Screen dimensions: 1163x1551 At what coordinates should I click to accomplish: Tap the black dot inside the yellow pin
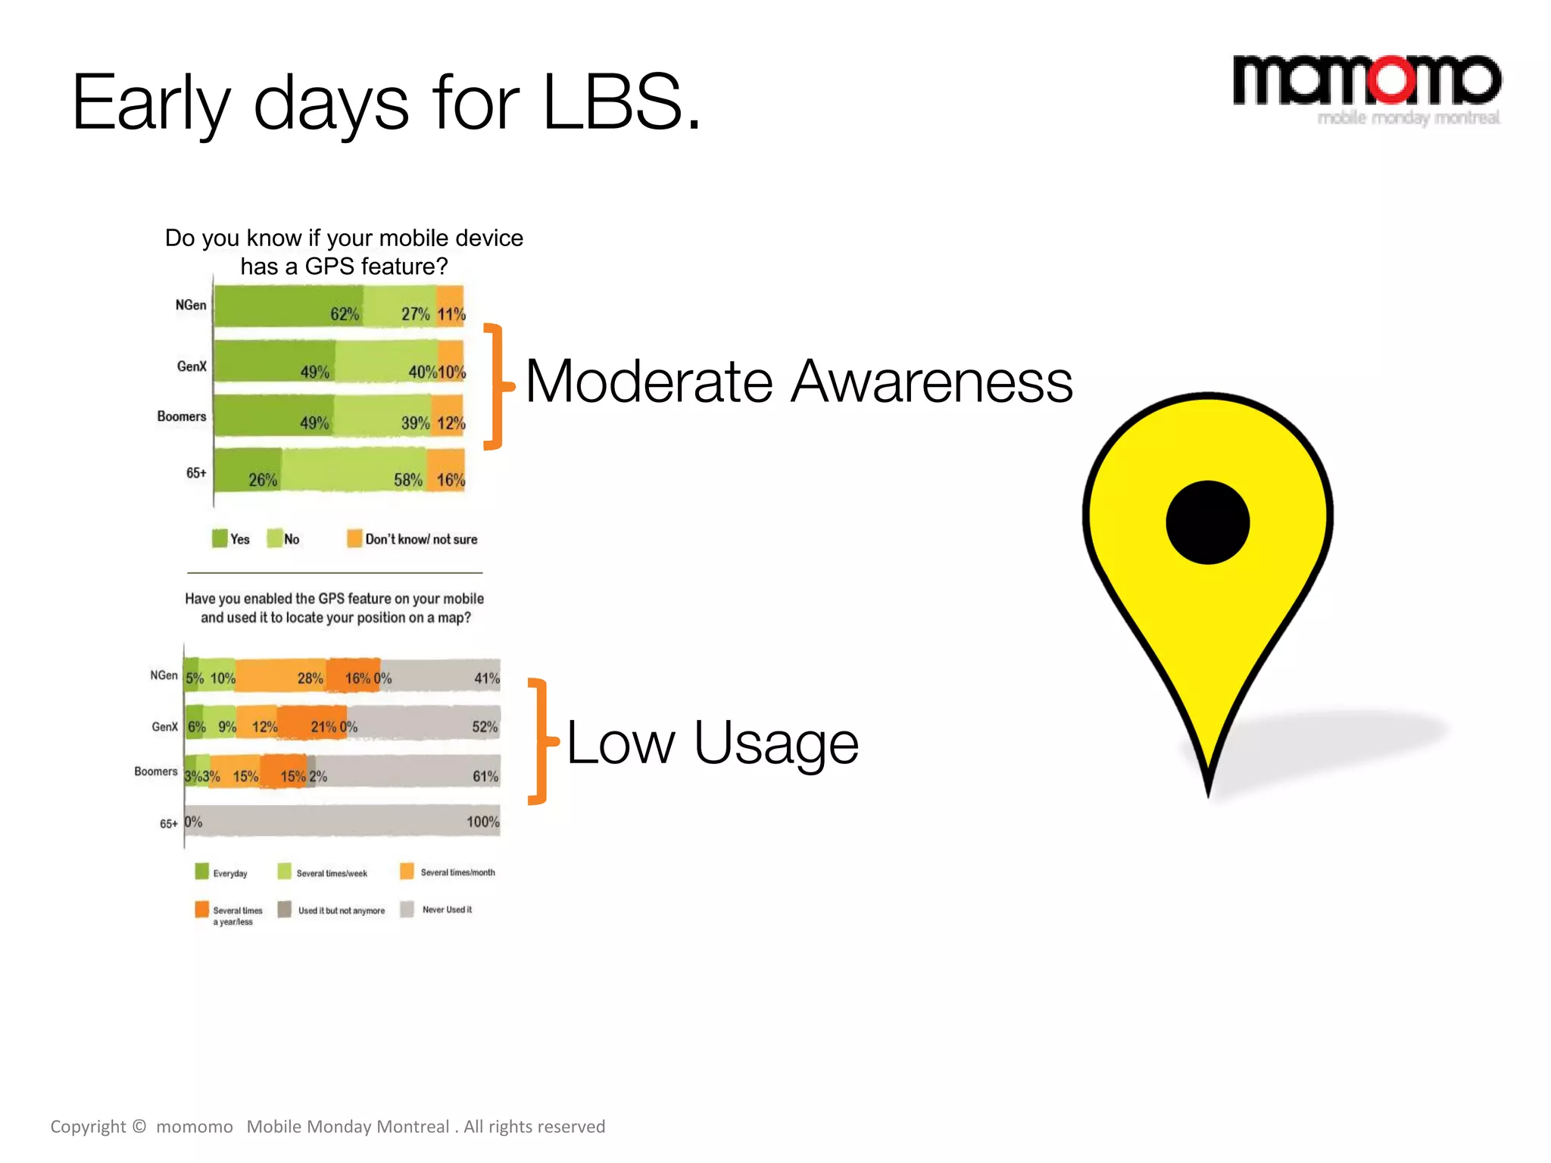point(1207,522)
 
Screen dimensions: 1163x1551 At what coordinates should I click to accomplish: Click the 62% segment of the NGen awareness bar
point(288,307)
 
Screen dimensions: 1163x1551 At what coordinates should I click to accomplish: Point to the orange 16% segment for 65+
point(446,470)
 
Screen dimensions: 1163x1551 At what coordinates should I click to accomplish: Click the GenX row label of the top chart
point(192,366)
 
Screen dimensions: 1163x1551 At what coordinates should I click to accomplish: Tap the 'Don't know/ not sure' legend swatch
point(354,538)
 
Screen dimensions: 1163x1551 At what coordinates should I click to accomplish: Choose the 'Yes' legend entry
point(232,539)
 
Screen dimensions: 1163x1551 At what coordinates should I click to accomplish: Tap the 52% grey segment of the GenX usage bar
point(424,725)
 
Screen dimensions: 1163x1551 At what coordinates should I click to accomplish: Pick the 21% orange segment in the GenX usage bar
point(311,725)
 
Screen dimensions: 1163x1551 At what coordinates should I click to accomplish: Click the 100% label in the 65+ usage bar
point(482,822)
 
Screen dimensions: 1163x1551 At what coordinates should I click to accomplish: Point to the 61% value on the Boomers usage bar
point(485,776)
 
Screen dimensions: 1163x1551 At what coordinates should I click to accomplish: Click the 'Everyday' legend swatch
point(201,871)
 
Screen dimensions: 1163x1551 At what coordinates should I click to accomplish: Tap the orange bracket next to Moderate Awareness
point(496,386)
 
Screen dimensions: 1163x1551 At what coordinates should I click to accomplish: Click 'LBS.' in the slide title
point(622,103)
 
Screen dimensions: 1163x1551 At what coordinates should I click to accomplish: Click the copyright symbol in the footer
point(139,1126)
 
